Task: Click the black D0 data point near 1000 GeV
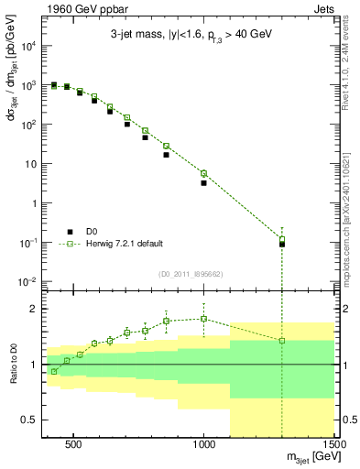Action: [x=204, y=183]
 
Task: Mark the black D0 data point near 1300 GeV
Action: [x=282, y=244]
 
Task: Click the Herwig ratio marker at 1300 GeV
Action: [x=282, y=341]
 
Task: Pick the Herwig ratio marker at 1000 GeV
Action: [x=204, y=319]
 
